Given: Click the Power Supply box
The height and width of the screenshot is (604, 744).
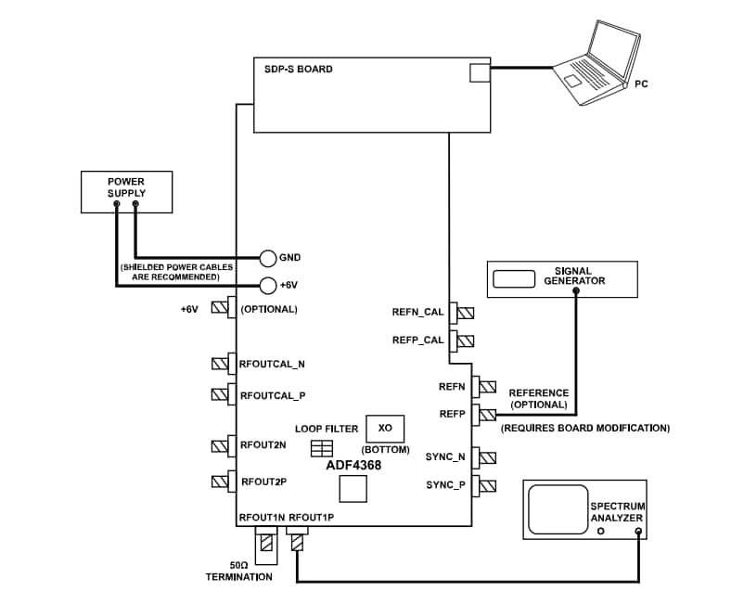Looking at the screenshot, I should click(x=126, y=192).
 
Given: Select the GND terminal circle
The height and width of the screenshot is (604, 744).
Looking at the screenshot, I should click(x=267, y=257).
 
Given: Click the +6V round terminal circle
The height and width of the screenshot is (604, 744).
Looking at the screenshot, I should click(x=267, y=285).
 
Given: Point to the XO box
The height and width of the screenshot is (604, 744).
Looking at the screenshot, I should click(x=385, y=428).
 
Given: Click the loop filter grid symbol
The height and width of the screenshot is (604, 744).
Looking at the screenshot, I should click(x=321, y=449).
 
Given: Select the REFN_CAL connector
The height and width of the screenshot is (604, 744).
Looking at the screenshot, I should click(x=462, y=313).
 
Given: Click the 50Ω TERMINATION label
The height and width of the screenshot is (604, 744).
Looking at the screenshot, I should click(x=238, y=572).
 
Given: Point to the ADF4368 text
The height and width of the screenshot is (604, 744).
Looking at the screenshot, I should click(x=353, y=465).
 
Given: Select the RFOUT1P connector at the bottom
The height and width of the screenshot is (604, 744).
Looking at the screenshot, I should click(x=297, y=539).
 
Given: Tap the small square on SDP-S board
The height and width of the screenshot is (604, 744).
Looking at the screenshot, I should click(x=479, y=72).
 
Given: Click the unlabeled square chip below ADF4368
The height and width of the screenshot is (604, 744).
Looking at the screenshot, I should click(x=353, y=489).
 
